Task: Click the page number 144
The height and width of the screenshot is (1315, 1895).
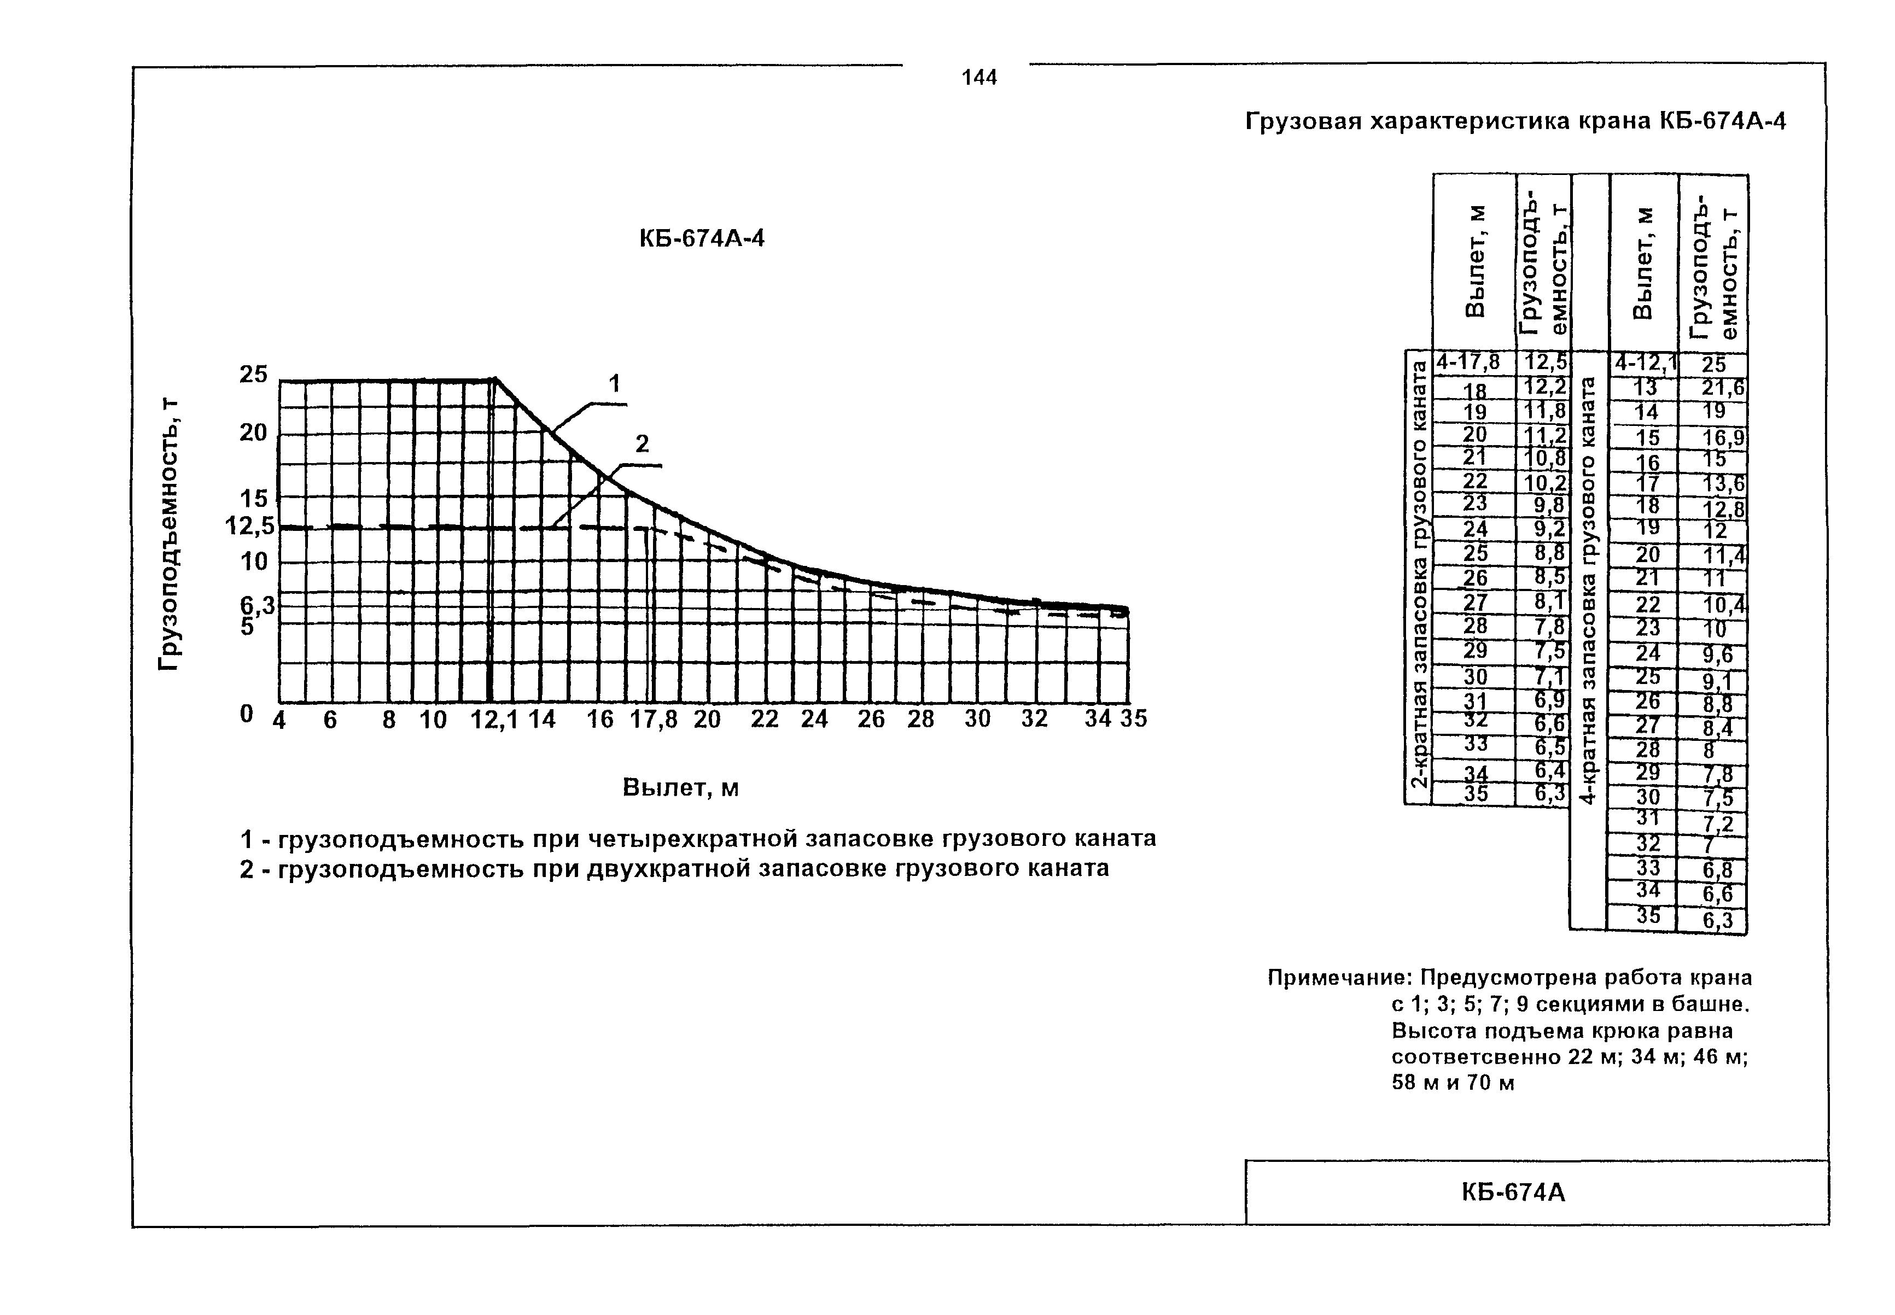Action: [979, 78]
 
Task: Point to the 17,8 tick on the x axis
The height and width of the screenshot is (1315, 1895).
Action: [654, 720]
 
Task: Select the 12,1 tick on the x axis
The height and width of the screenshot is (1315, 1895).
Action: [493, 720]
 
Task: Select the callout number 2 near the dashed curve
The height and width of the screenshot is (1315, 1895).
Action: [642, 444]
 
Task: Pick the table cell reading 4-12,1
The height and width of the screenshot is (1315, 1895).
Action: [1645, 363]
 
